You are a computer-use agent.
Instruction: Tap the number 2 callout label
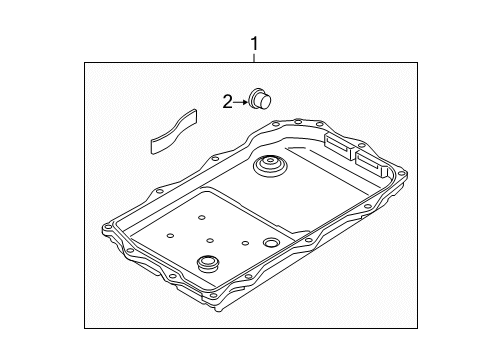(x=227, y=100)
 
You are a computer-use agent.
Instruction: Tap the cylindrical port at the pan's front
(x=209, y=265)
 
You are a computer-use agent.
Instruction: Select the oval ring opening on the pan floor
(x=272, y=244)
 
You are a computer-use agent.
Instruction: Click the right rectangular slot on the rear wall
(x=372, y=160)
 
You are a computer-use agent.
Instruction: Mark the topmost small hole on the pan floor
(x=200, y=217)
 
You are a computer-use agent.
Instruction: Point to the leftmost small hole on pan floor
(x=169, y=234)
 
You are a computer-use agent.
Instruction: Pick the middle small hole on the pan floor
(x=209, y=241)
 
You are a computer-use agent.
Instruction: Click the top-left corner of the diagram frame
(x=84, y=64)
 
